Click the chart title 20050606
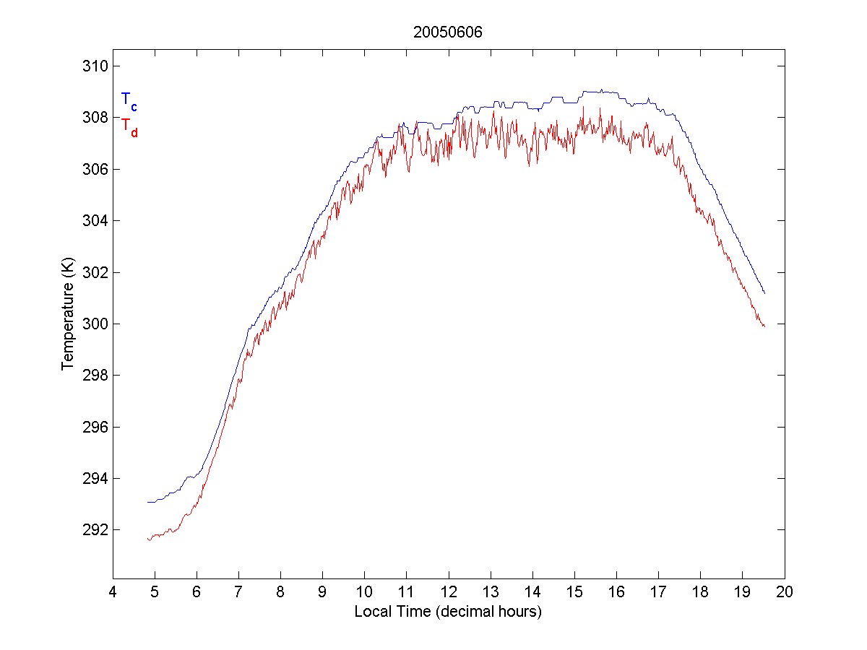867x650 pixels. (x=447, y=32)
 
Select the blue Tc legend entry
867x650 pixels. (x=129, y=100)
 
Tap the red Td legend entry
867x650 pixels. (x=129, y=126)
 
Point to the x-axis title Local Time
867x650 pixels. (x=448, y=612)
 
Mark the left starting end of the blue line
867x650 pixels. (x=147, y=502)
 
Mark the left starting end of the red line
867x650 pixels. (x=147, y=539)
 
